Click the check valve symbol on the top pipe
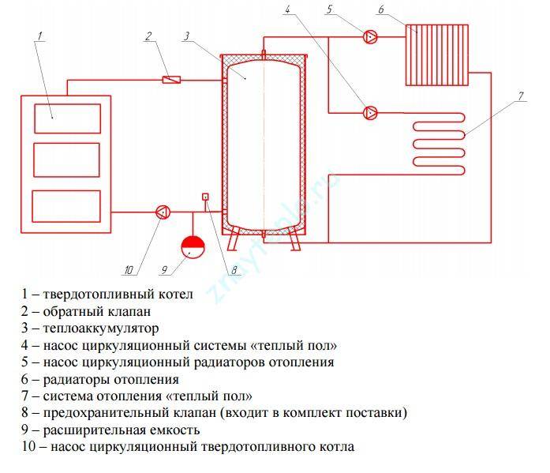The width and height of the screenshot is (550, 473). [x=171, y=80]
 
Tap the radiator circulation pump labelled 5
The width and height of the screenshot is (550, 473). [x=370, y=36]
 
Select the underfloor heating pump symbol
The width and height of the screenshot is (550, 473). [x=370, y=113]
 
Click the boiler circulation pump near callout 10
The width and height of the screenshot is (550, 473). [x=163, y=212]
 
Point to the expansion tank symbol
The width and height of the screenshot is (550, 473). [x=193, y=247]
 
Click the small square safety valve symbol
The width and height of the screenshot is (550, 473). [x=205, y=197]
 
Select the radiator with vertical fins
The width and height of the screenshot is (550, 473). [x=437, y=55]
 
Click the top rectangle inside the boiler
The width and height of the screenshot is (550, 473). [x=67, y=118]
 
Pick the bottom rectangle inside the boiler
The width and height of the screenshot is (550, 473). [x=66, y=206]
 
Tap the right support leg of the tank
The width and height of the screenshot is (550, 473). [x=294, y=238]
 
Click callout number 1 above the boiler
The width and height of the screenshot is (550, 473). [x=40, y=36]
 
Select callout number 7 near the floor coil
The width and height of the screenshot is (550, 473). [x=521, y=96]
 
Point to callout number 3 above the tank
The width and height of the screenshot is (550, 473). [x=186, y=36]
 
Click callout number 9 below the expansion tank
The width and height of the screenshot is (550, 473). [x=164, y=270]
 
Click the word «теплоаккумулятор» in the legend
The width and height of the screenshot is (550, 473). [x=101, y=328]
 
